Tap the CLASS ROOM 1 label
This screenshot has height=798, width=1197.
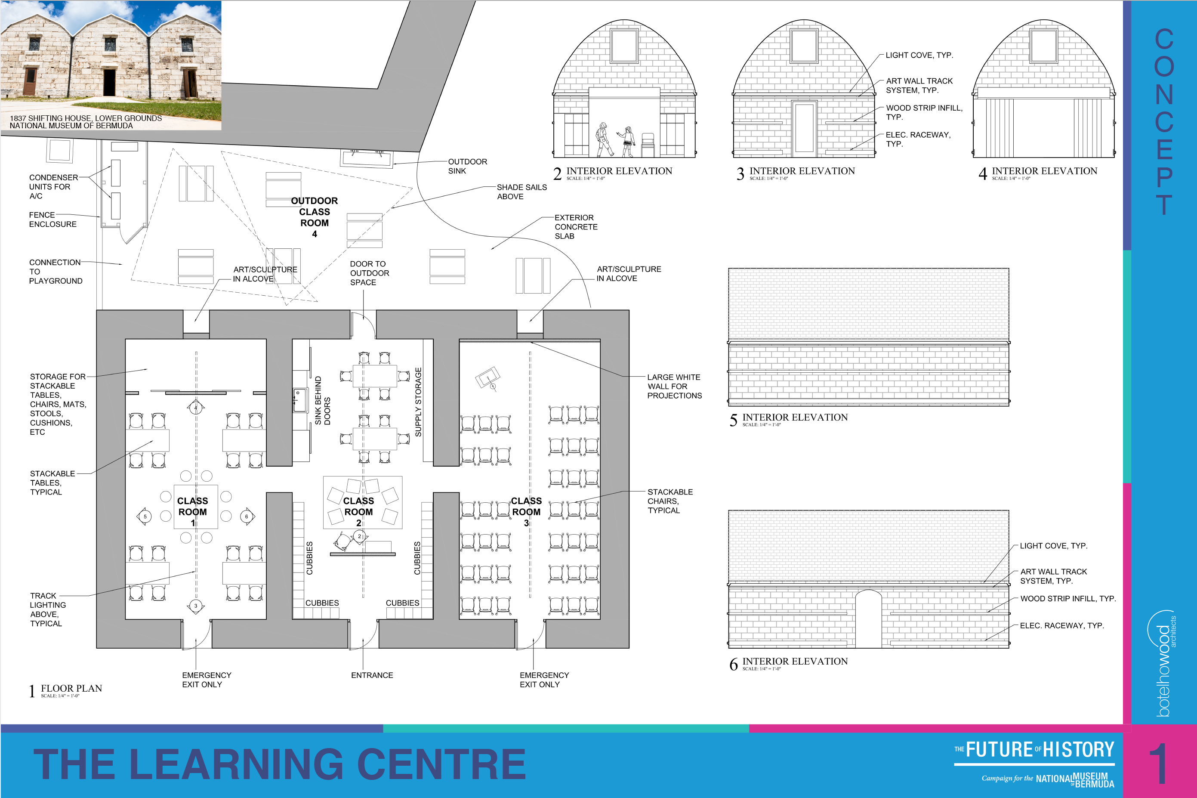coord(192,511)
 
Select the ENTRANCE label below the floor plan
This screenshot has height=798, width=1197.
coord(372,675)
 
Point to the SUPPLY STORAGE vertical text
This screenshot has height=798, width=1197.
coord(418,402)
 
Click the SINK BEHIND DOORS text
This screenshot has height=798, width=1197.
coord(323,401)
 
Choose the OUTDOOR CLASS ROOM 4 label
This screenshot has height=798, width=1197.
coord(315,217)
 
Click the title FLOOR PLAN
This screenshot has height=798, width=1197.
coord(71,689)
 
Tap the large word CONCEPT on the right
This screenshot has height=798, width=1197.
coord(1164,121)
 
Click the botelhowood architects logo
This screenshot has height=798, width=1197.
coord(1162,664)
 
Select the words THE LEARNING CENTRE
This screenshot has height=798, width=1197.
coord(279,764)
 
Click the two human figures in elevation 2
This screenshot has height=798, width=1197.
coord(616,140)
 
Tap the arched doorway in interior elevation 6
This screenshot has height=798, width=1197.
coord(868,619)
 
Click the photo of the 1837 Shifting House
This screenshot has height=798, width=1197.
coord(111,65)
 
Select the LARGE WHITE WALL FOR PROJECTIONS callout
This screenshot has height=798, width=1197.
coord(674,386)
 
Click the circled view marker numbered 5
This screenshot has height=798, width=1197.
coord(145,517)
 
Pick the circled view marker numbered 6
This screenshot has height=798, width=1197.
coord(247,517)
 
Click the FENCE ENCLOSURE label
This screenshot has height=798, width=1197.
coord(53,220)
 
